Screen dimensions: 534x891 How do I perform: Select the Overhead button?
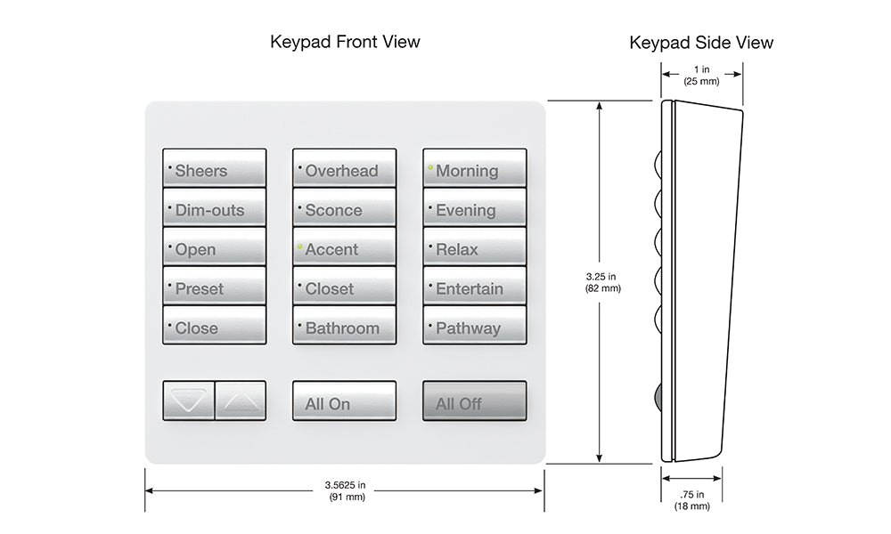click(x=344, y=169)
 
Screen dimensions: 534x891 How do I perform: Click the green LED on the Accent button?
click(x=300, y=246)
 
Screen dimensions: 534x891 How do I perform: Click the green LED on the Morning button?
click(x=430, y=166)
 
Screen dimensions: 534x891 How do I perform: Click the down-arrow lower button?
click(x=189, y=401)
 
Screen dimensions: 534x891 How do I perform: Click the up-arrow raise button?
click(x=241, y=401)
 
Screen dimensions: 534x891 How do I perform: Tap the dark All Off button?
click(x=474, y=401)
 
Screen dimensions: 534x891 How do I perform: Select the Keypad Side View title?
click(x=701, y=43)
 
